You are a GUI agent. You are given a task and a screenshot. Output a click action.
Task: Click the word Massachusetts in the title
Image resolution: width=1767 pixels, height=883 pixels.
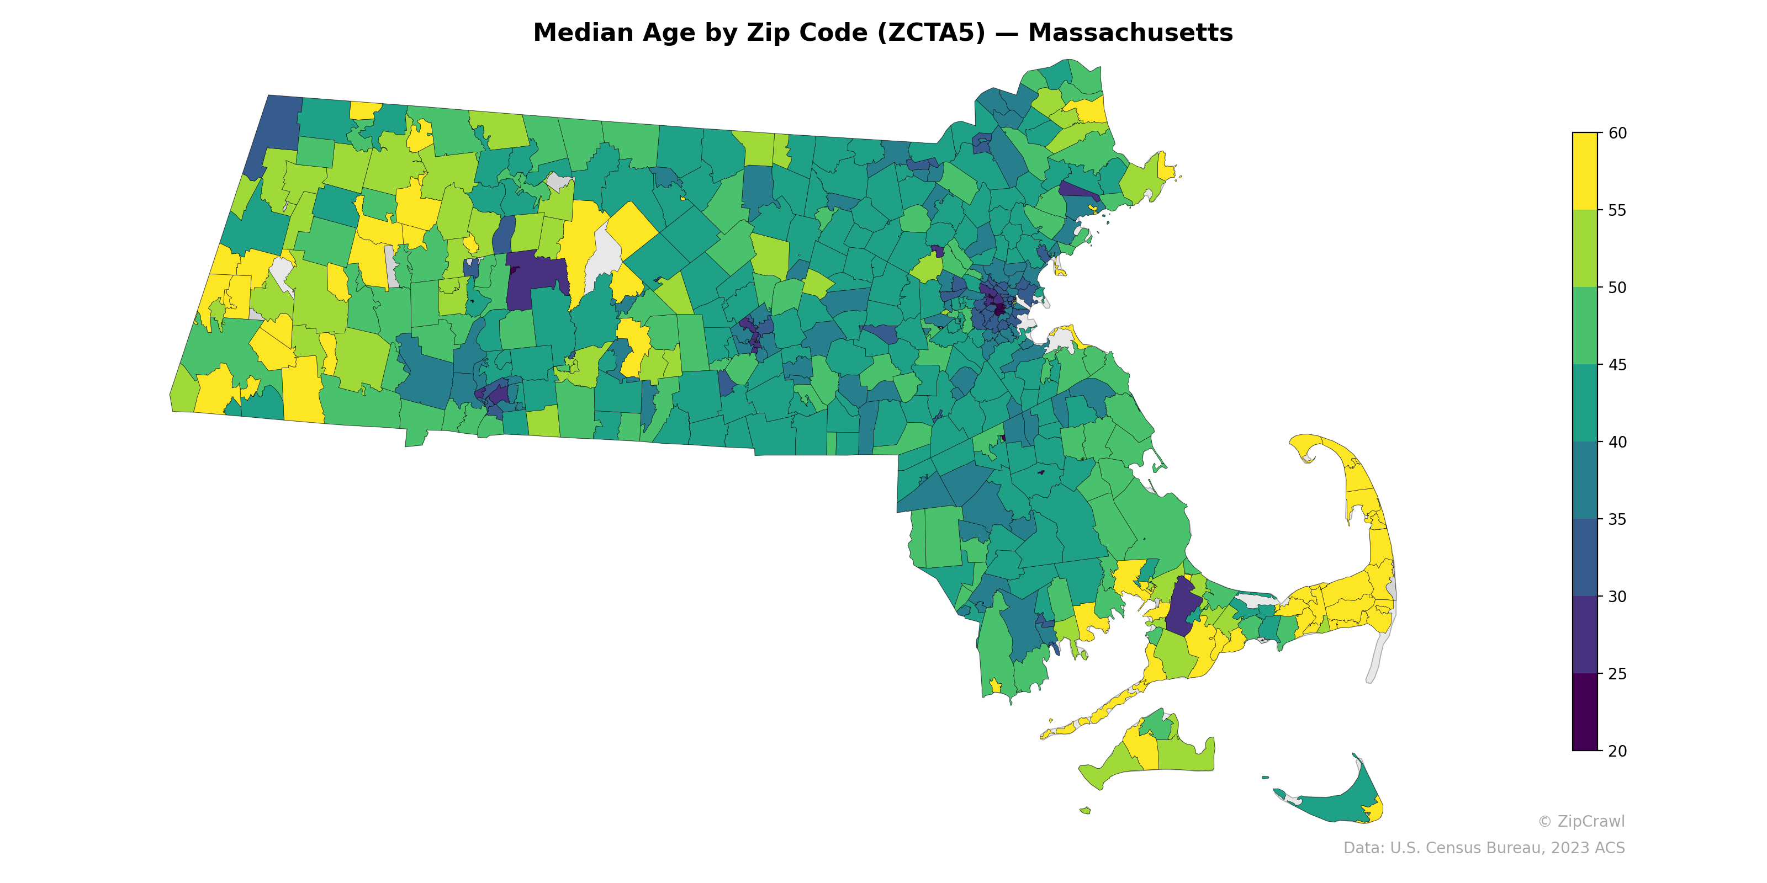point(1130,33)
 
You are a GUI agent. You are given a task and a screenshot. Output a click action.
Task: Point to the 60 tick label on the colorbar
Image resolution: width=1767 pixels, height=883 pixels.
point(1617,133)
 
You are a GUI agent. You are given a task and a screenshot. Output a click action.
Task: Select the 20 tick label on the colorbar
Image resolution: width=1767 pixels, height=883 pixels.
point(1617,751)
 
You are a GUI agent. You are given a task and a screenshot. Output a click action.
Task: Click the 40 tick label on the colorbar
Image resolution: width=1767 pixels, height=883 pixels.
point(1617,442)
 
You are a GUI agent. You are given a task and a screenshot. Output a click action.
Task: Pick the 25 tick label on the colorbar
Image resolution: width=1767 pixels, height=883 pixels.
point(1617,674)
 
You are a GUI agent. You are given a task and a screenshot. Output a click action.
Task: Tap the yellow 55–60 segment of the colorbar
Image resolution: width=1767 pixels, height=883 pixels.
point(1585,172)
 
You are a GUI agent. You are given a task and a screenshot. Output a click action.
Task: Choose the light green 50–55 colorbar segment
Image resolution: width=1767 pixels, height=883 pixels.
point(1585,248)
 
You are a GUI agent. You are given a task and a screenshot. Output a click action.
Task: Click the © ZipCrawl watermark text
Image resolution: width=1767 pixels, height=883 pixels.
point(1581,821)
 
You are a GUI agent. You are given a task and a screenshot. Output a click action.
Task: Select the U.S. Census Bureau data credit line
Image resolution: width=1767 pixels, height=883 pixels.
point(1484,848)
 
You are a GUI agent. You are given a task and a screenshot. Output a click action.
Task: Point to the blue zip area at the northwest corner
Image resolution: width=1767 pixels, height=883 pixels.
point(271,134)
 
